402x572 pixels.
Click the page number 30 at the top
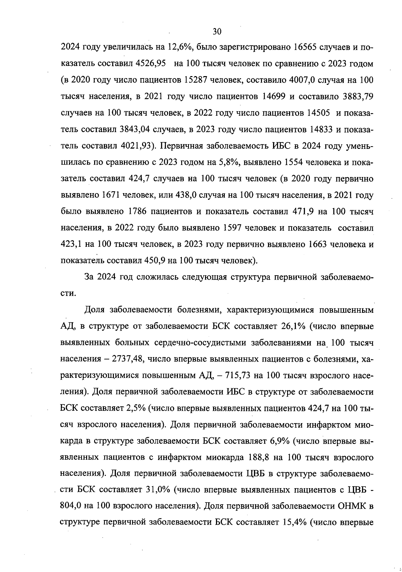217,32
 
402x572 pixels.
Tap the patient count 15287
198,80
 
